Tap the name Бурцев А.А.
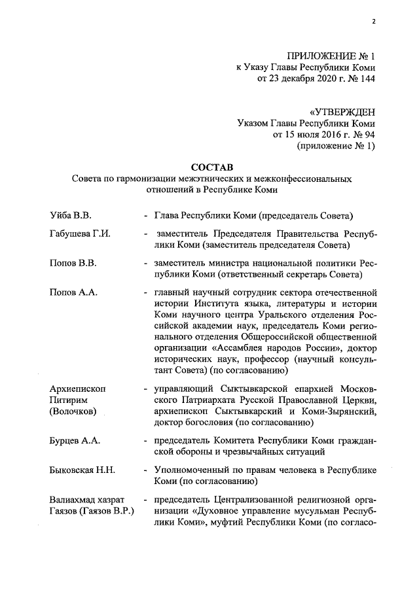click(x=75, y=440)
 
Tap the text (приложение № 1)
click(x=336, y=147)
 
